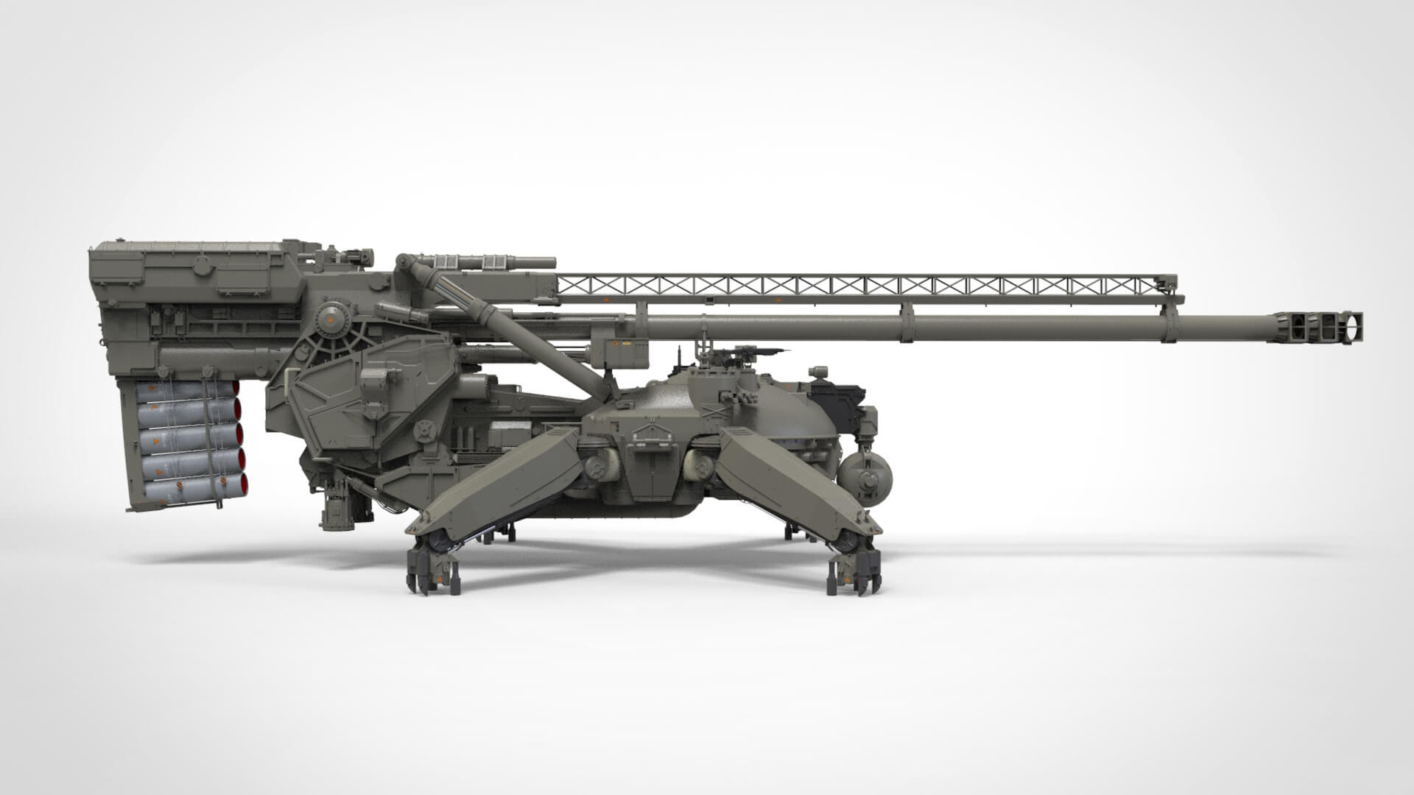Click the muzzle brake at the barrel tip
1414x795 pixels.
point(1318,328)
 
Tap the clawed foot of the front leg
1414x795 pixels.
point(854,571)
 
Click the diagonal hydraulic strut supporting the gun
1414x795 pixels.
point(516,328)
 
